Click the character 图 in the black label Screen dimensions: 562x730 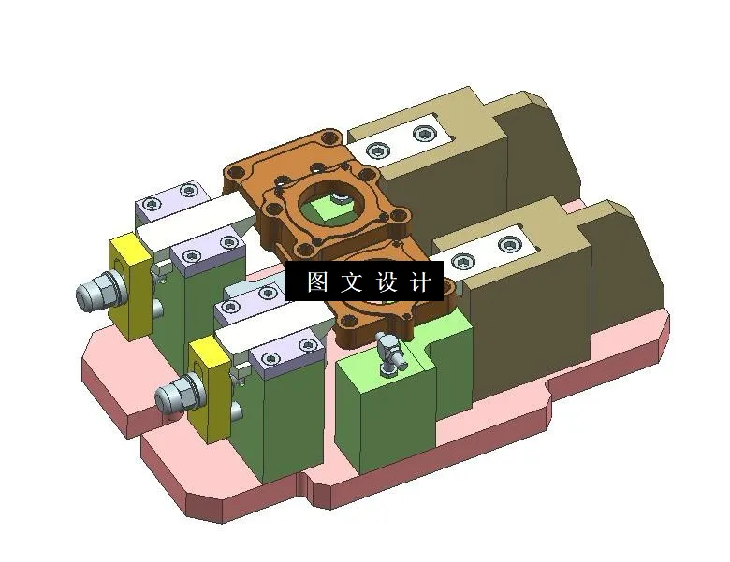[x=317, y=281]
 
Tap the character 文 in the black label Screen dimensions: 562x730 [x=353, y=281]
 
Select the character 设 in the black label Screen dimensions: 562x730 [x=387, y=281]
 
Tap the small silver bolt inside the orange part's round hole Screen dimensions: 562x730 [x=338, y=197]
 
